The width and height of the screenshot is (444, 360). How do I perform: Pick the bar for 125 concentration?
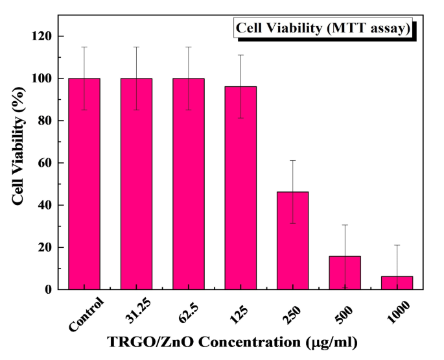[240, 188]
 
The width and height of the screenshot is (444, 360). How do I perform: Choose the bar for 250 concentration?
[292, 241]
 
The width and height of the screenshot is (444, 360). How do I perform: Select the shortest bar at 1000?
[397, 283]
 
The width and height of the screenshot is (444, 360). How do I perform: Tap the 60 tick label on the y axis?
[44, 163]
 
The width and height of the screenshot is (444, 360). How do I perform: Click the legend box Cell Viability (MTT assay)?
[323, 29]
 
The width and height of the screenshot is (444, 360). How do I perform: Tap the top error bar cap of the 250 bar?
[292, 160]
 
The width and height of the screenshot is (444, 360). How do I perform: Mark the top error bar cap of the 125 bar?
[240, 55]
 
